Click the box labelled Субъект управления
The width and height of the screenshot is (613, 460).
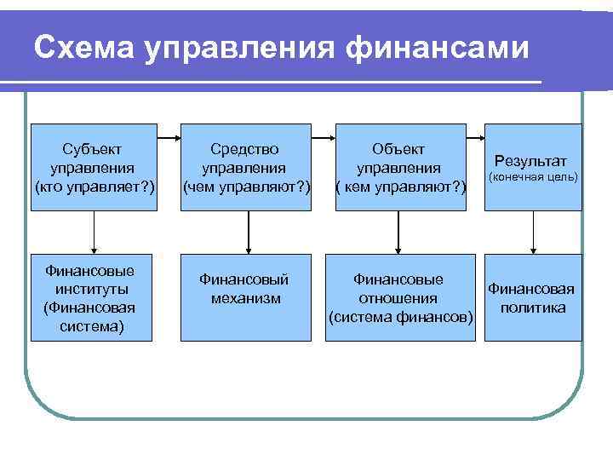(93, 167)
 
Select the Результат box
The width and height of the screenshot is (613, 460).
(533, 167)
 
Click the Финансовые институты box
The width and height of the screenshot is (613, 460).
(93, 297)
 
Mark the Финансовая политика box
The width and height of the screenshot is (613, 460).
(533, 297)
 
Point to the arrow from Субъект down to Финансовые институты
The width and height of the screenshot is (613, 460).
(93, 232)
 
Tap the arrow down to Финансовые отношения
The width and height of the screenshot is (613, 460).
(398, 232)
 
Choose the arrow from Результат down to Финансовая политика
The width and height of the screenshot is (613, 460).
(533, 232)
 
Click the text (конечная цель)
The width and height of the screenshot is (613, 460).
(532, 178)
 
